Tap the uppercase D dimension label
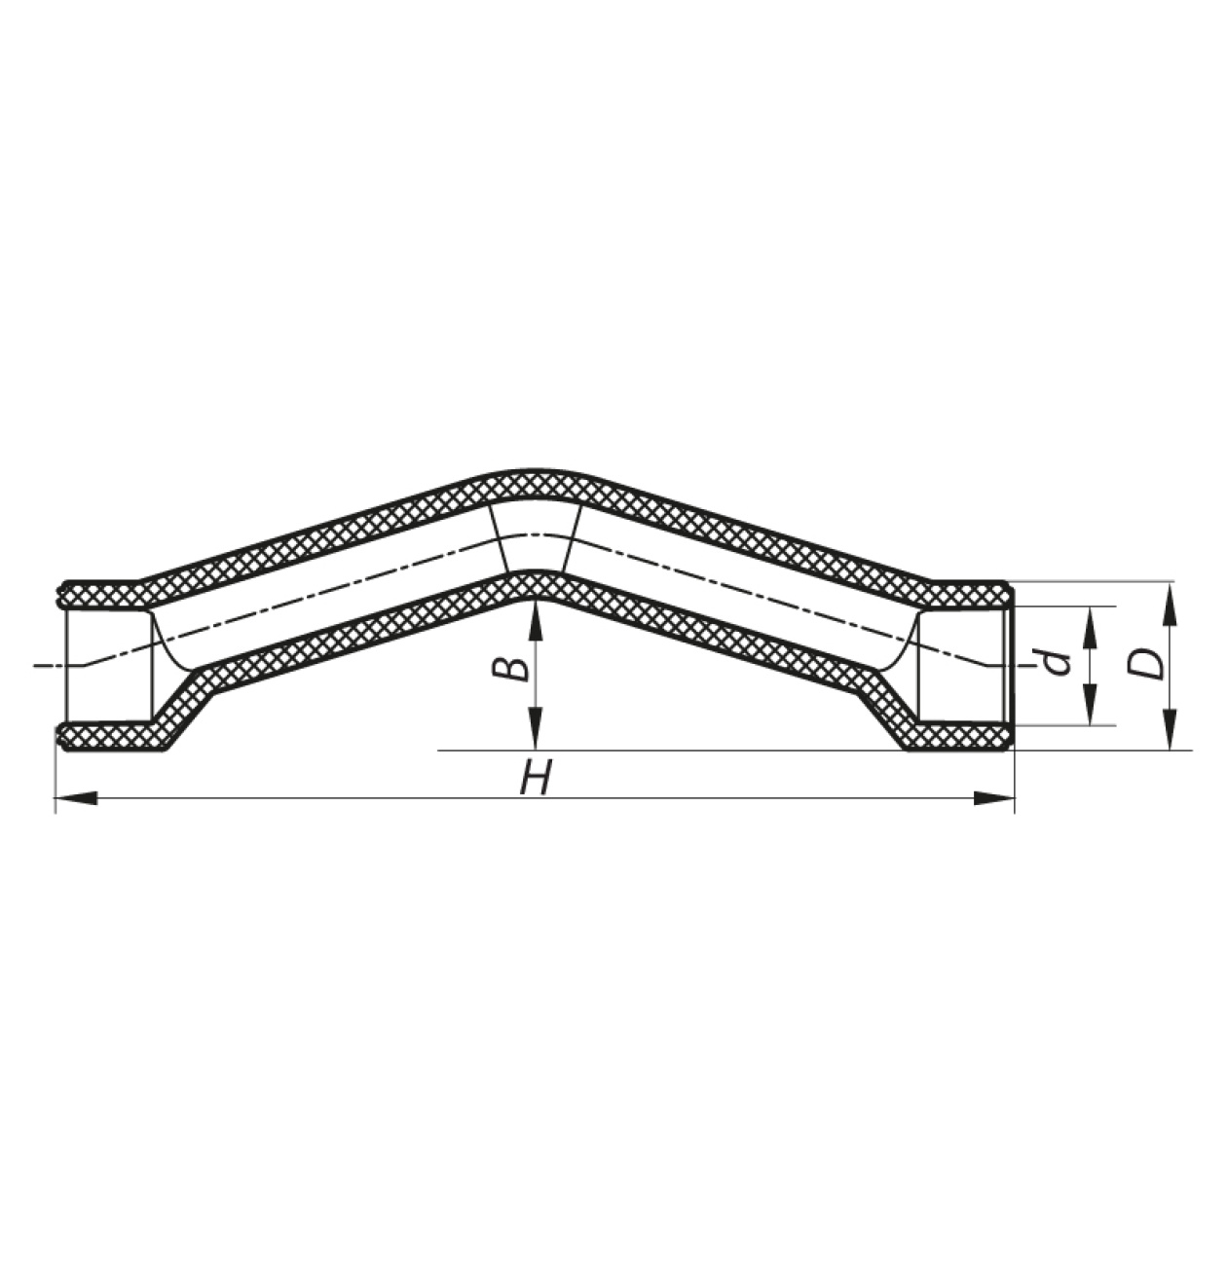[x=1145, y=664]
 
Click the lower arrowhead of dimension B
[x=536, y=729]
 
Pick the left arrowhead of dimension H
[x=76, y=798]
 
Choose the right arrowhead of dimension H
[x=994, y=798]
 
